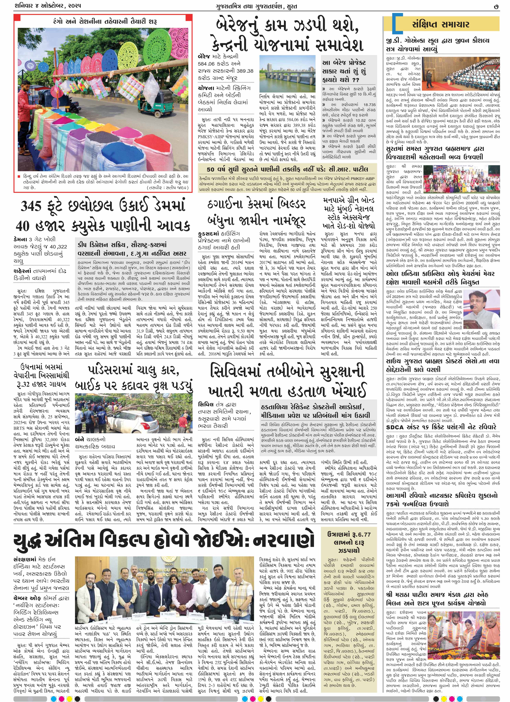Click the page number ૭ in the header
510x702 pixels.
[496, 6]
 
